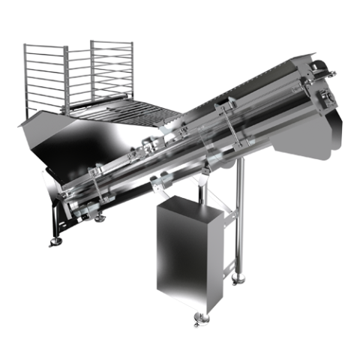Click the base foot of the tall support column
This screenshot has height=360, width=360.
click(x=238, y=280)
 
